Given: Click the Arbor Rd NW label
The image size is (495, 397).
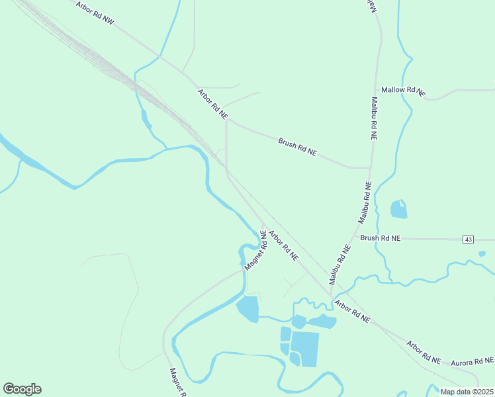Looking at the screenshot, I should (95, 13).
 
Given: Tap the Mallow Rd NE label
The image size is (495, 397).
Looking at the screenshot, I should (402, 91).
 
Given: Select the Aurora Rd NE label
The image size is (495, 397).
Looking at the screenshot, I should (472, 361).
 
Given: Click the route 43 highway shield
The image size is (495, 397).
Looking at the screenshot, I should (469, 238).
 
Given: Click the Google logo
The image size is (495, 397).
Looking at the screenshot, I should (22, 389).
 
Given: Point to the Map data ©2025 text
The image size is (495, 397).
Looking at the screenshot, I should (467, 392).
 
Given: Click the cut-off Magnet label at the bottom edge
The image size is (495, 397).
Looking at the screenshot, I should (175, 382).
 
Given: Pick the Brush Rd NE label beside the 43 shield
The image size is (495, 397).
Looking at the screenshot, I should (380, 238).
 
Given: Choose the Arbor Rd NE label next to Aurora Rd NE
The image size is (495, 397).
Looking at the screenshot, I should (424, 351).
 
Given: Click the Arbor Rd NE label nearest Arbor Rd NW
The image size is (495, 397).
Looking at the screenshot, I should (212, 104).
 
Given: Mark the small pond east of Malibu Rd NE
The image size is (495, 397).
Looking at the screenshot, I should (398, 209).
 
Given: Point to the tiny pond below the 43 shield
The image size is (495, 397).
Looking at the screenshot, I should (482, 253).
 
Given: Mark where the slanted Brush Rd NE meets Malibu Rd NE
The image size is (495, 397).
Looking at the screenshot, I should (370, 168).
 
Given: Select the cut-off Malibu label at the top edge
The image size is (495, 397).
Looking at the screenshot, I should (371, 5).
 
